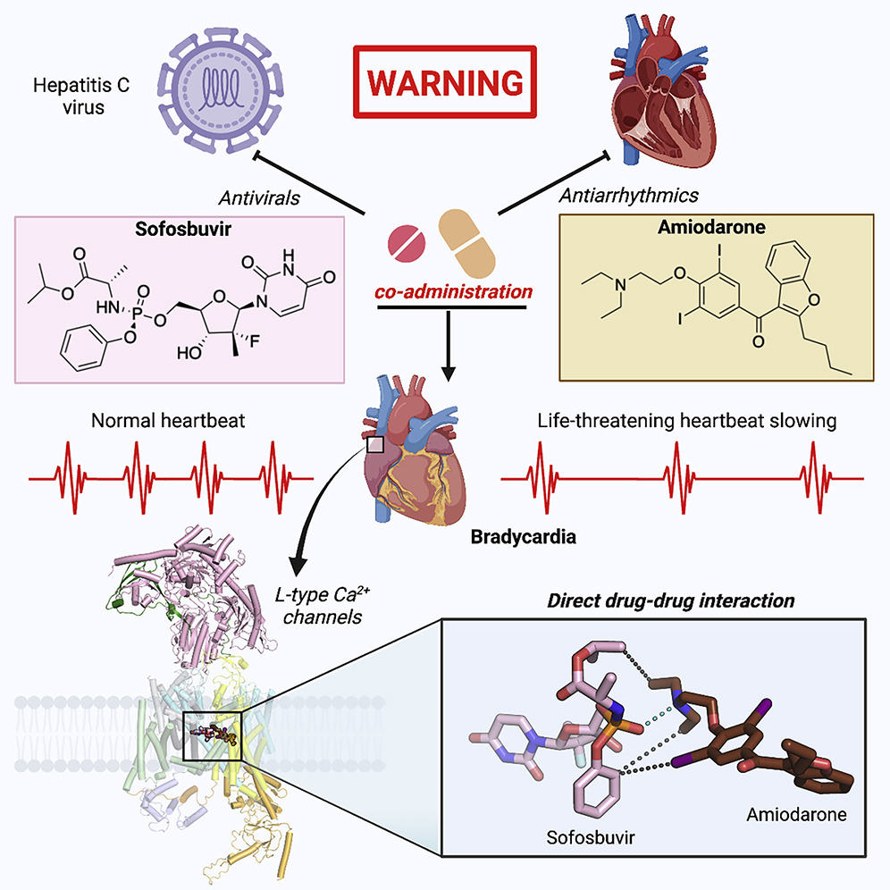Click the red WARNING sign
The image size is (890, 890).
tap(445, 82)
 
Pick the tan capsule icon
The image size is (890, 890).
tap(466, 241)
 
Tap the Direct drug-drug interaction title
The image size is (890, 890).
tap(670, 600)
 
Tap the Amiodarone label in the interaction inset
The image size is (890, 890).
tap(793, 816)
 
